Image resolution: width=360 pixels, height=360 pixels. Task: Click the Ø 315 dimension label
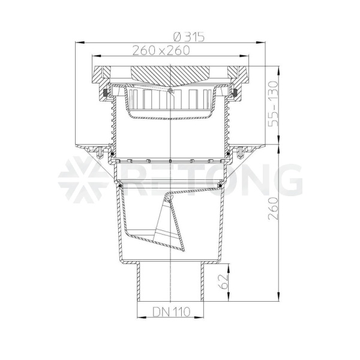tap(189, 37)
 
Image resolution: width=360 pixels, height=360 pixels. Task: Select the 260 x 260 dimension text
tap(161, 50)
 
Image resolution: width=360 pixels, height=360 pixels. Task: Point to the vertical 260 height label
tap(274, 208)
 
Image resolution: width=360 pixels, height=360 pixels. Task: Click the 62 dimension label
tap(223, 281)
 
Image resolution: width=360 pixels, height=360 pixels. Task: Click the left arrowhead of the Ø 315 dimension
tap(79, 42)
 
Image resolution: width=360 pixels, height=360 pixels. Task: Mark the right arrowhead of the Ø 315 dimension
tap(261, 42)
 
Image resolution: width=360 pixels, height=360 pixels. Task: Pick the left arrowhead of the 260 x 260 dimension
tap(96, 56)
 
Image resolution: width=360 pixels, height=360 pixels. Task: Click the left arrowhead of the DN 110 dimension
tap(142, 317)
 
